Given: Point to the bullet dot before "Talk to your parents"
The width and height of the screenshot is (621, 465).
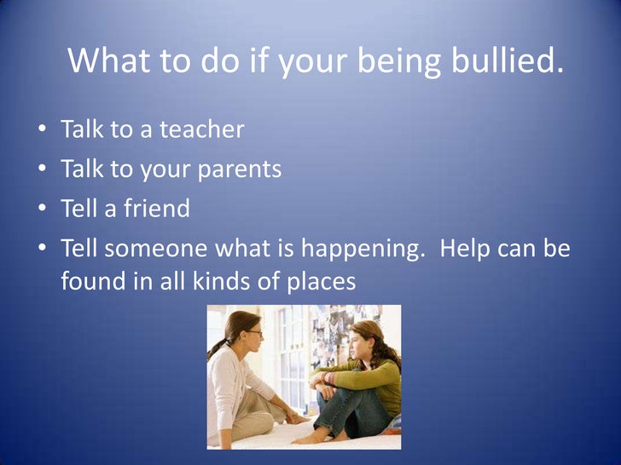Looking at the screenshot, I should click(42, 170).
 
